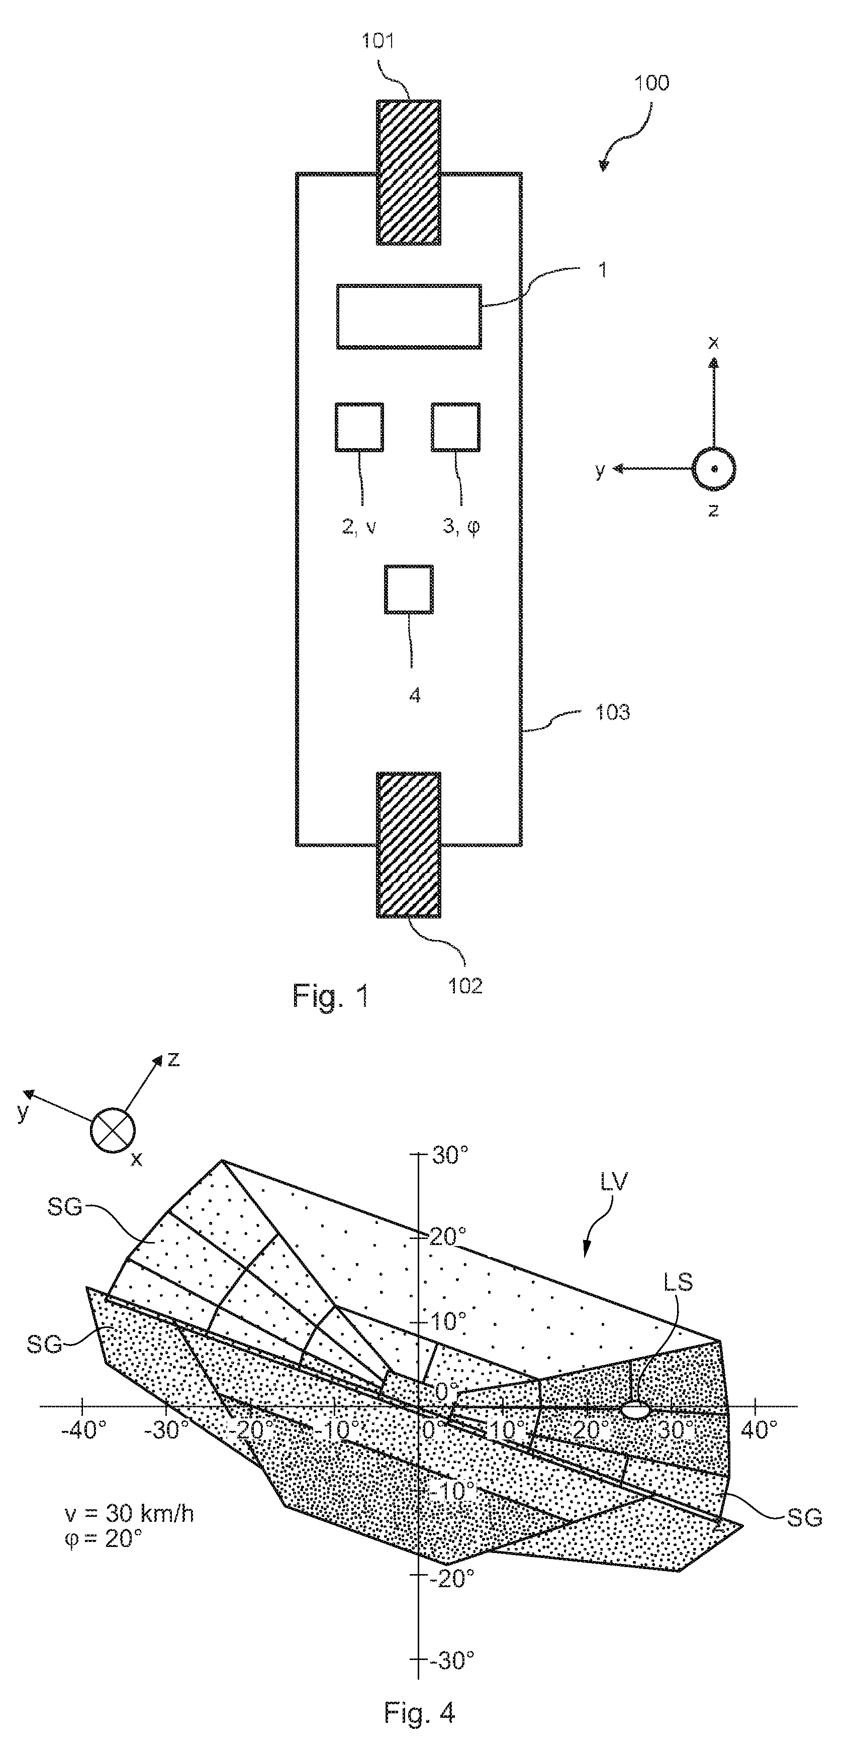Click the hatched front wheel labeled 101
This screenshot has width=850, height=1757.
(x=409, y=172)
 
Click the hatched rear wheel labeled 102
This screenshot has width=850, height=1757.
(x=409, y=845)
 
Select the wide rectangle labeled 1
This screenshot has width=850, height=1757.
(x=409, y=317)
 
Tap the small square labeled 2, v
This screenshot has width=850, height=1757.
(x=359, y=427)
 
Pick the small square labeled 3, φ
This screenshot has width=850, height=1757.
(x=456, y=427)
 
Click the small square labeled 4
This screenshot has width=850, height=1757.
(x=409, y=589)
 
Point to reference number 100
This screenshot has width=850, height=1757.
(x=651, y=83)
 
